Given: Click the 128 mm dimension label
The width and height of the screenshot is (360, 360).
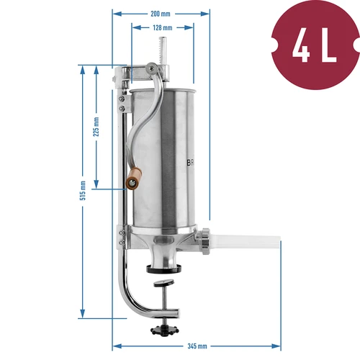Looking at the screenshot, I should coord(162,27).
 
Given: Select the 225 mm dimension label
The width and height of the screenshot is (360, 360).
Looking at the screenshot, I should coord(96,127).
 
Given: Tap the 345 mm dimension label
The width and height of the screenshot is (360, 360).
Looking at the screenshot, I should coord(197,346).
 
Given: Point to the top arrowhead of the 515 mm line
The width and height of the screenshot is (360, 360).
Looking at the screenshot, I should coord(83,68).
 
